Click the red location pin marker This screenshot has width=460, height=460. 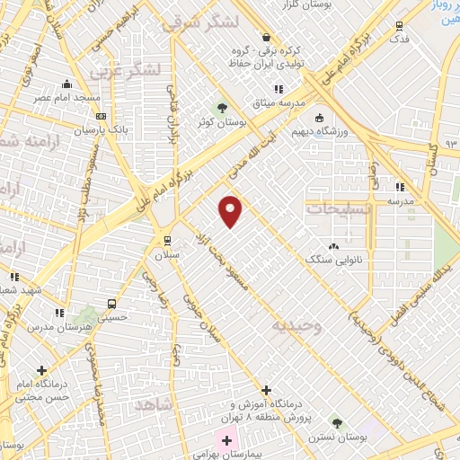231,210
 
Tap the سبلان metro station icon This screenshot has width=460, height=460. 167,240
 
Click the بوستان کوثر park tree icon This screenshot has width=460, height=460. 222,109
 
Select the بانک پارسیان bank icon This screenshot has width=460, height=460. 101,116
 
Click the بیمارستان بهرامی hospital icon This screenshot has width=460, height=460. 226,440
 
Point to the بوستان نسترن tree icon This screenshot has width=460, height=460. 337,422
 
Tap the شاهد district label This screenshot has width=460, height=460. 155,406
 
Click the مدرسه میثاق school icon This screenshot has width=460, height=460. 279,89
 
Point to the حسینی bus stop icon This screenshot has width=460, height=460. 111,303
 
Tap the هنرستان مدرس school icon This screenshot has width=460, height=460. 59,313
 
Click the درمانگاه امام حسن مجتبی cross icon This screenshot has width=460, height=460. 42,369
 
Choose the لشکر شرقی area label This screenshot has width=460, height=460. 202,22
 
